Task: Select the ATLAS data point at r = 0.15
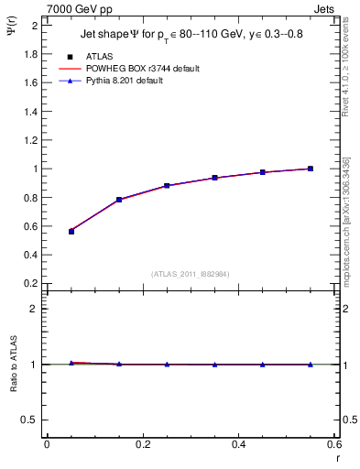click(x=119, y=199)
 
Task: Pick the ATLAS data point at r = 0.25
click(x=167, y=185)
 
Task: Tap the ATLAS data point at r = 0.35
click(x=214, y=178)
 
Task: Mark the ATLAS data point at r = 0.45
click(x=263, y=172)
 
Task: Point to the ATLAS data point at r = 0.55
click(x=311, y=169)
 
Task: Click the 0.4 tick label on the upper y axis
click(x=30, y=255)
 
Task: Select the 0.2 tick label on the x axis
click(x=142, y=444)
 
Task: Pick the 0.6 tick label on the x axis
click(x=334, y=444)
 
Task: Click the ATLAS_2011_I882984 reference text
click(x=190, y=274)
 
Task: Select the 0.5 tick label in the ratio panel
click(x=30, y=420)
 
